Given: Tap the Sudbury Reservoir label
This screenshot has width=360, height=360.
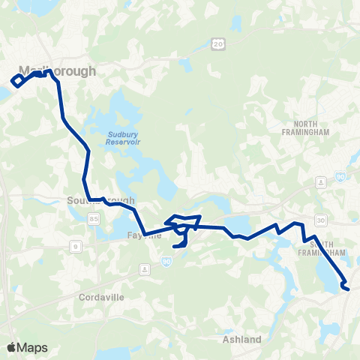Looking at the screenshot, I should (x=112, y=140).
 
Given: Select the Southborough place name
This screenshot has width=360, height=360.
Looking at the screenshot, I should (x=100, y=201).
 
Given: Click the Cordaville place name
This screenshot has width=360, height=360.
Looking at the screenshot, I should (x=100, y=297).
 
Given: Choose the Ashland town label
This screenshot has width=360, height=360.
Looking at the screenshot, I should (x=241, y=339).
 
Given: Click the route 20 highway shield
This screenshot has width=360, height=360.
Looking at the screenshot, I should (x=218, y=45).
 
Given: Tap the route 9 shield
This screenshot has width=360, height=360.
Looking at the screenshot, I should (x=76, y=245).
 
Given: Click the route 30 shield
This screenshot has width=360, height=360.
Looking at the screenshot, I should (x=321, y=220).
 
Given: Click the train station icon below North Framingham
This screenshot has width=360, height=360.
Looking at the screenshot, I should (x=321, y=182).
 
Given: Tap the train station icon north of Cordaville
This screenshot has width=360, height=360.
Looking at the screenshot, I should (x=143, y=268).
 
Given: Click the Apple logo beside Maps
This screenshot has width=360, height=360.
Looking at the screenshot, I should (x=11, y=347).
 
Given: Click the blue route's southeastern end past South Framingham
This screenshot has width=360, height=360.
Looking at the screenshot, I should (x=346, y=286).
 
